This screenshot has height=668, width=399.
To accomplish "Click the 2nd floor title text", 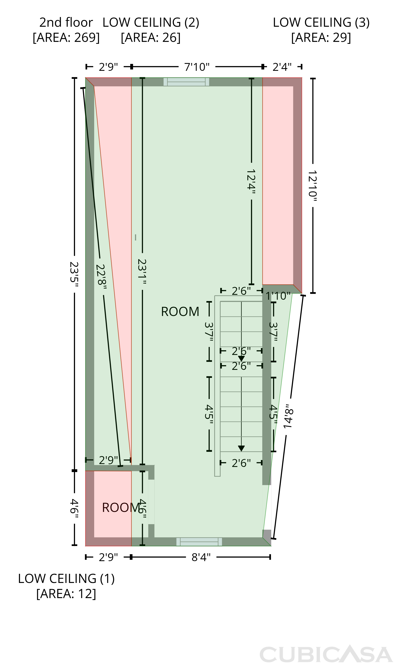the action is coord(66,22).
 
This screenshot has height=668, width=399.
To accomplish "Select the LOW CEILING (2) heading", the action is coord(151,22).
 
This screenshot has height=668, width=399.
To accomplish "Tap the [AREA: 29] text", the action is coord(321,37).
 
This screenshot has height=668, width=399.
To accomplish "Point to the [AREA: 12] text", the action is coord(66,594).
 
